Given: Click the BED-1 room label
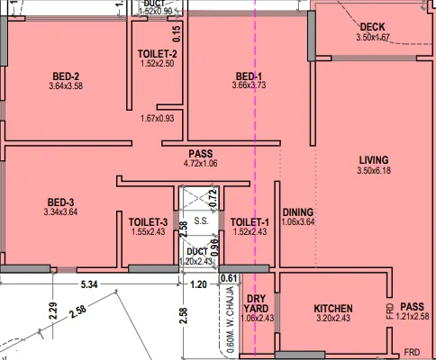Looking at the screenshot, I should pyautogui.click(x=249, y=76).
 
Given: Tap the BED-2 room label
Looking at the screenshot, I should pyautogui.click(x=65, y=76).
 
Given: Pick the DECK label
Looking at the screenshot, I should pyautogui.click(x=371, y=27).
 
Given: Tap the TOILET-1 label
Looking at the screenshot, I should pyautogui.click(x=250, y=221).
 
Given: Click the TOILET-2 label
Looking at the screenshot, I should pyautogui.click(x=157, y=54).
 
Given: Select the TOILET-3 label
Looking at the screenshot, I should pyautogui.click(x=149, y=221).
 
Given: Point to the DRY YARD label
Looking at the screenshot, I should pyautogui.click(x=257, y=301).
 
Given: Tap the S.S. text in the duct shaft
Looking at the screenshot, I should pyautogui.click(x=201, y=220).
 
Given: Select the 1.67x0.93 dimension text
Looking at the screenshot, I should pyautogui.click(x=157, y=119).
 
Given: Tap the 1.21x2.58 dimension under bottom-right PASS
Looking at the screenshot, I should pyautogui.click(x=413, y=317).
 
